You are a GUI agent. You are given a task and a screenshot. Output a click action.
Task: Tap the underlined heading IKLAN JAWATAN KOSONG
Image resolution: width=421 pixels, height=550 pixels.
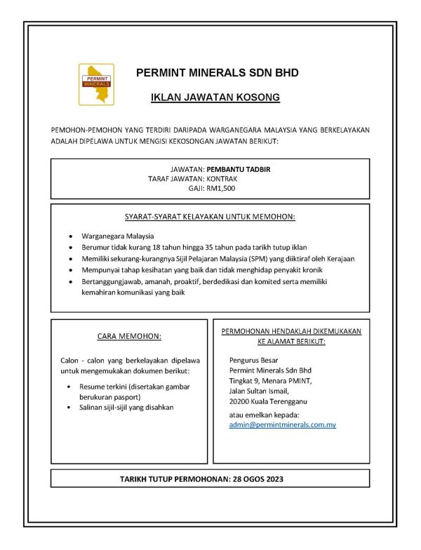pos(215,98)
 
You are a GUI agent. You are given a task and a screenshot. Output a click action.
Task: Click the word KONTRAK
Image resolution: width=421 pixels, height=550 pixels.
pos(222,179)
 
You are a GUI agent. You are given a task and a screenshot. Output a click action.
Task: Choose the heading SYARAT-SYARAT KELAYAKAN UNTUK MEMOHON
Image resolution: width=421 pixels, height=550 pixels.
pos(210,217)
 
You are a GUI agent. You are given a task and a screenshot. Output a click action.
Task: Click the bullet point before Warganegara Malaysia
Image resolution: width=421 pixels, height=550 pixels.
pos(72,236)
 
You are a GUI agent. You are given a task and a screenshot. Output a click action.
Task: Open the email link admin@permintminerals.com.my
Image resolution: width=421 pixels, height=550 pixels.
pos(283,425)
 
